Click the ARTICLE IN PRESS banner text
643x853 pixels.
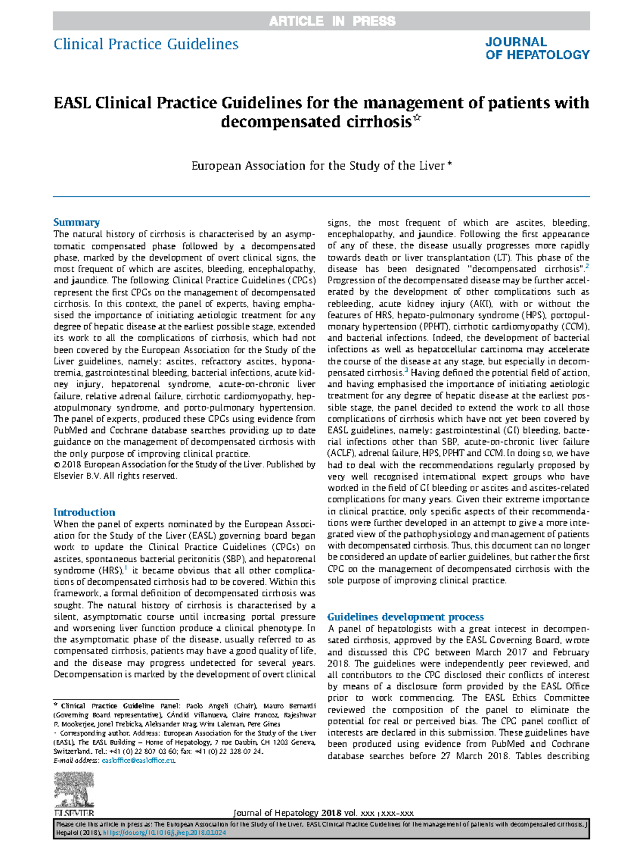pyautogui.click(x=332, y=21)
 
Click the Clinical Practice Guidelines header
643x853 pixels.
pyautogui.click(x=146, y=44)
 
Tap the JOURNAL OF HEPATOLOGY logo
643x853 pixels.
pyautogui.click(x=537, y=48)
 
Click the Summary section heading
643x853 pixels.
pyautogui.click(x=76, y=222)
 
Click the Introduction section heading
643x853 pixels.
pyautogui.click(x=84, y=512)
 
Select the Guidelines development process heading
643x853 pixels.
pyautogui.click(x=405, y=617)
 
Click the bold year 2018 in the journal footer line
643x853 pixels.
pyautogui.click(x=331, y=813)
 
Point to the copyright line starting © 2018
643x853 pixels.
pyautogui.click(x=184, y=465)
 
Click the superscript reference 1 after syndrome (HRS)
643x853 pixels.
pyautogui.click(x=126, y=568)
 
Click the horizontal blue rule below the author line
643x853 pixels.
pyautogui.click(x=322, y=197)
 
